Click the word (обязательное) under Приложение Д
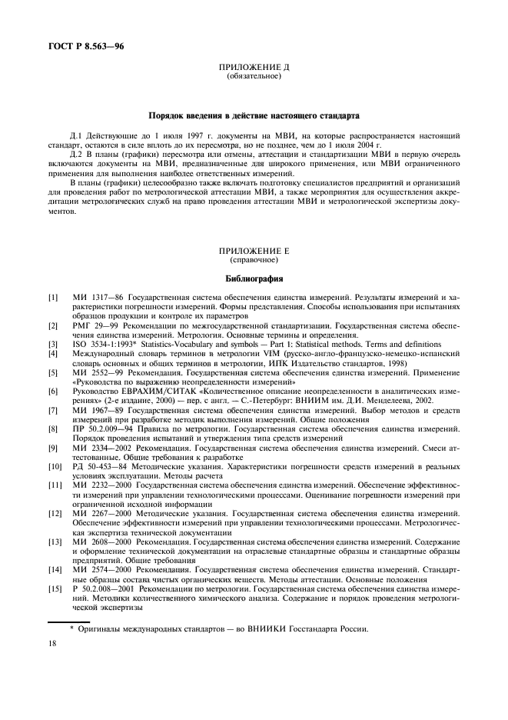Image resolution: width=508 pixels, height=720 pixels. pyautogui.click(x=254, y=78)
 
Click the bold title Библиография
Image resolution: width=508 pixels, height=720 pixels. pyautogui.click(x=254, y=278)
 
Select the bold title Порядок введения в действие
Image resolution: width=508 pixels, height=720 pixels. pyautogui.click(x=254, y=115)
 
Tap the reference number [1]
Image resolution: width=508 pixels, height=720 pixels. pyautogui.click(x=53, y=296)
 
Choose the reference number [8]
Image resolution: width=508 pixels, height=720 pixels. pyautogui.click(x=53, y=428)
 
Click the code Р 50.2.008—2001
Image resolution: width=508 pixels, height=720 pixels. pyautogui.click(x=107, y=588)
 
